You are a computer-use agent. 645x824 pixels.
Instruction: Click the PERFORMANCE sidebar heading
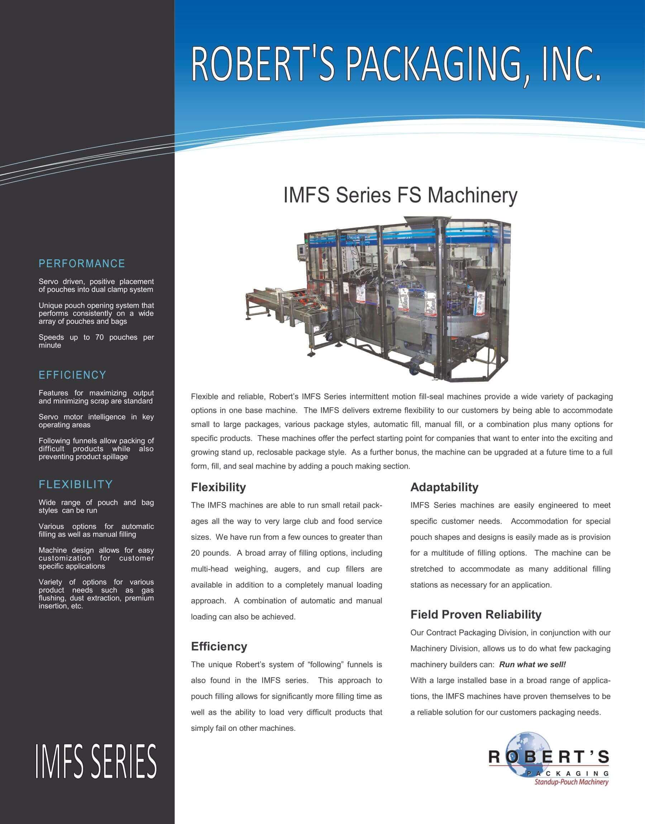click(x=82, y=263)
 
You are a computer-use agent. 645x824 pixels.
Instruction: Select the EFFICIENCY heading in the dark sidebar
click(x=72, y=375)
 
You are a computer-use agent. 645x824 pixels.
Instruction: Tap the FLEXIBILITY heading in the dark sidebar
click(x=76, y=484)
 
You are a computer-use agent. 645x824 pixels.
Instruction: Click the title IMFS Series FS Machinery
click(x=400, y=196)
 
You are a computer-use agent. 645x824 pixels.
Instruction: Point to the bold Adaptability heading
click(x=444, y=487)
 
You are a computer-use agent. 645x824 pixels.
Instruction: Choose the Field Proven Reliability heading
click(x=476, y=614)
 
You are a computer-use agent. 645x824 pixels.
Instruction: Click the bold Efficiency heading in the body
click(x=219, y=646)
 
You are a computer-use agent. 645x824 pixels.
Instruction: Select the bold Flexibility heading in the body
click(x=218, y=487)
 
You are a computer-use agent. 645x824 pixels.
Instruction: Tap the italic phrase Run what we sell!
click(x=532, y=664)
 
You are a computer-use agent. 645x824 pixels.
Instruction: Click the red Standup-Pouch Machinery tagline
click(x=571, y=782)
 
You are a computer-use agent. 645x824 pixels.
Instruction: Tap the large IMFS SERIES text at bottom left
click(x=96, y=761)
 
